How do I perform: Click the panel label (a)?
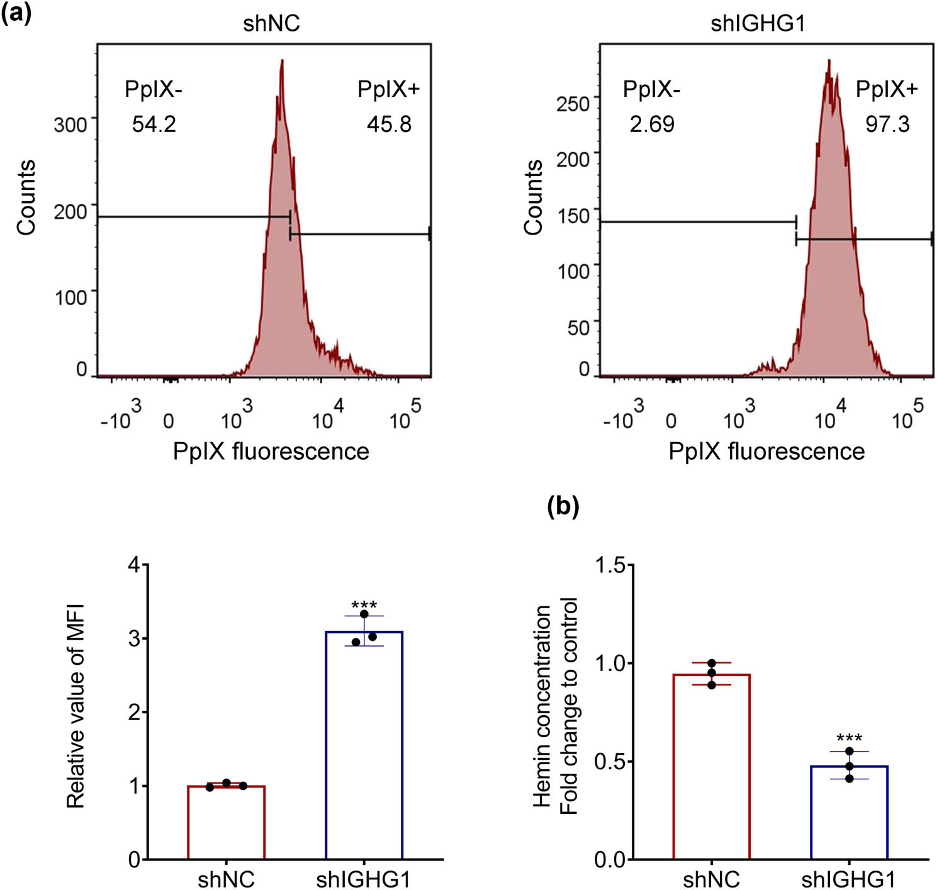click(16, 13)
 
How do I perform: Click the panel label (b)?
click(563, 506)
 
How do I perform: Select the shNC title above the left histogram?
click(271, 23)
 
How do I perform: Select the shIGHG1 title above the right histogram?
click(758, 23)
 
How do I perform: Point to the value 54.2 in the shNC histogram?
click(154, 124)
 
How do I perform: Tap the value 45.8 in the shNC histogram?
click(389, 124)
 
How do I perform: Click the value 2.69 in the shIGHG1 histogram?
click(652, 124)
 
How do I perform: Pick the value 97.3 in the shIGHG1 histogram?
click(887, 124)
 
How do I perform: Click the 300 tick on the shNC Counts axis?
click(70, 125)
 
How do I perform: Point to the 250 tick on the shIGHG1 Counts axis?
click(573, 104)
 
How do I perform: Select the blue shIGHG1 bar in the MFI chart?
click(364, 745)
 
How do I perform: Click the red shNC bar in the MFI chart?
click(226, 823)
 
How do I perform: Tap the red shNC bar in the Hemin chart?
click(711, 767)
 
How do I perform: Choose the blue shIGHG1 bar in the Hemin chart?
click(849, 813)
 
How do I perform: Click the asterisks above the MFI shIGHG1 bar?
click(364, 605)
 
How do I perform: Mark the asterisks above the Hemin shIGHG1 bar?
click(849, 738)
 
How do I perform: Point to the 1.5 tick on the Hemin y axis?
click(610, 565)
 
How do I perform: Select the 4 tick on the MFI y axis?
click(134, 565)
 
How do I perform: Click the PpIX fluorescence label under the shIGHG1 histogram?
click(766, 452)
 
